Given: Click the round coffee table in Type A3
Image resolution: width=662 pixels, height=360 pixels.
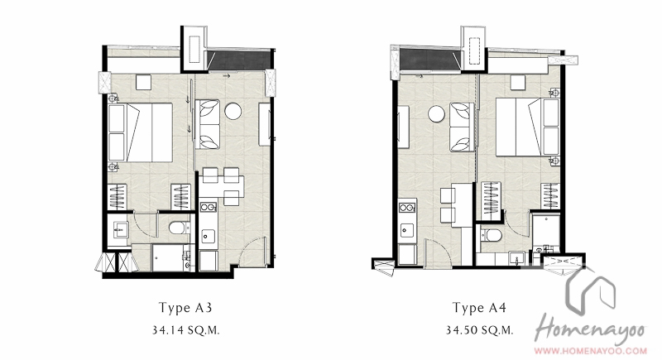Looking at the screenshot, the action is [x=233, y=111].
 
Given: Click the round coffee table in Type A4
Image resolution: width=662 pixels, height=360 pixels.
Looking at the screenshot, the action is [x=437, y=114].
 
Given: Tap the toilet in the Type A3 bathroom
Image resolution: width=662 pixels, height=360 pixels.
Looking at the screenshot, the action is [x=180, y=228].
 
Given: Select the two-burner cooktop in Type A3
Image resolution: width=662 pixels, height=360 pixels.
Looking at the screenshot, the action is [x=209, y=207].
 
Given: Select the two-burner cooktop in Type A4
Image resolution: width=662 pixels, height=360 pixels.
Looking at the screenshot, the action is [x=407, y=208].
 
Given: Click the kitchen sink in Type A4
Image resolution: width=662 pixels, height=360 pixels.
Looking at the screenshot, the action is [x=407, y=230].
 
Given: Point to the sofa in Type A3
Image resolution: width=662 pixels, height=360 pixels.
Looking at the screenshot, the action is [x=209, y=124].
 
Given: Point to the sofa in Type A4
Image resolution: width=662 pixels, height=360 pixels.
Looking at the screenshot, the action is [x=461, y=127].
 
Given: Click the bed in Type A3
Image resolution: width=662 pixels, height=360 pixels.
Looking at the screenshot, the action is [x=141, y=132].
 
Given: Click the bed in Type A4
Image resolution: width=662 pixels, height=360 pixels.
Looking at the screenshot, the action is [x=528, y=127].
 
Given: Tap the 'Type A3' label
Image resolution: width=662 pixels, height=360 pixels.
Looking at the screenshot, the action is [x=185, y=308].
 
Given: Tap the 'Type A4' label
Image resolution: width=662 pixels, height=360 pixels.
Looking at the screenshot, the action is [x=479, y=308].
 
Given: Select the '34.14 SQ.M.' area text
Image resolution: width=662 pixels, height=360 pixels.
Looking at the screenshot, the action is [x=185, y=330].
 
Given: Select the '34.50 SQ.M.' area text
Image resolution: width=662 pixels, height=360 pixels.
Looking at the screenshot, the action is [x=480, y=330].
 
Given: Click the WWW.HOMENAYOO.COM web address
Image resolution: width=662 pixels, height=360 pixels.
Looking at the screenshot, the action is [x=591, y=350].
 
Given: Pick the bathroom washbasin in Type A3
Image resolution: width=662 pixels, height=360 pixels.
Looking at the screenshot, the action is [x=119, y=230].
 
